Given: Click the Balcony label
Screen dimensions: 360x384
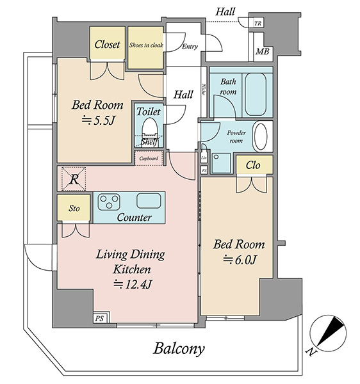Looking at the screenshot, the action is pyautogui.click(x=179, y=349).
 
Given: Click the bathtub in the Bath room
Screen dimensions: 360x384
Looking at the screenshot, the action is pyautogui.click(x=256, y=94).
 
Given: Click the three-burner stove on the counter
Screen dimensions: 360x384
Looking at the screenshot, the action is pyautogui.click(x=109, y=202).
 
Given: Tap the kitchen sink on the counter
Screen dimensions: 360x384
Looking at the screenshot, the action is pyautogui.click(x=149, y=201).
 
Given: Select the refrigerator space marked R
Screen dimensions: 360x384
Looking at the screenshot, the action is pyautogui.click(x=74, y=179).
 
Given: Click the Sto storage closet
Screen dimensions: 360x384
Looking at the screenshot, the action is pyautogui.click(x=74, y=208).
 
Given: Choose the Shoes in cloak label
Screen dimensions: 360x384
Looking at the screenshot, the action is pyautogui.click(x=146, y=45).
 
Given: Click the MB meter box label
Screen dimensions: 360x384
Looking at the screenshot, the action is pyautogui.click(x=263, y=51).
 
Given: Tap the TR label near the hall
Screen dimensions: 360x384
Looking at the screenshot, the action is pyautogui.click(x=258, y=24).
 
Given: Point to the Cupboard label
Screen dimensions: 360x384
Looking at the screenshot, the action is pyautogui.click(x=149, y=159).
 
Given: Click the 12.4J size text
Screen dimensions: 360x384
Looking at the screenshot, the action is pyautogui.click(x=133, y=284).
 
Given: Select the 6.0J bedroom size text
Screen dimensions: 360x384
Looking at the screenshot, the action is pyautogui.click(x=240, y=260).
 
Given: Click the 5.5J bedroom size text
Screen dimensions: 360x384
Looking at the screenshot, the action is pyautogui.click(x=98, y=120).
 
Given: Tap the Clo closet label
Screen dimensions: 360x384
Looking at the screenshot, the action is pyautogui.click(x=252, y=165).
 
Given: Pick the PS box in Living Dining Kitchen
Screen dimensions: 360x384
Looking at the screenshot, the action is pyautogui.click(x=99, y=318).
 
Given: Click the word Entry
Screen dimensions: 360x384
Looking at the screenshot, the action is pyautogui.click(x=190, y=46).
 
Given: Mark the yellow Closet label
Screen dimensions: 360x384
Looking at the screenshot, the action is pyautogui.click(x=108, y=44).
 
